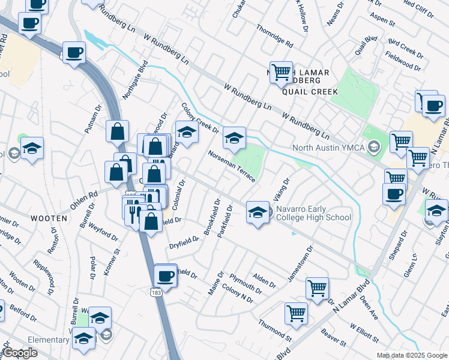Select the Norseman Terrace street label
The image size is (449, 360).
point(231,164)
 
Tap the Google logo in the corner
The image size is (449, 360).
point(20,353)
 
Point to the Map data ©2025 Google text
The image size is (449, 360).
point(412,355)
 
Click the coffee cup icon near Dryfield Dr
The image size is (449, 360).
point(165,275)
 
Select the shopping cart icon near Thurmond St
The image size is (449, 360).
point(296,312)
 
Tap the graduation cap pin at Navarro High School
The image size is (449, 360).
point(258,212)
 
